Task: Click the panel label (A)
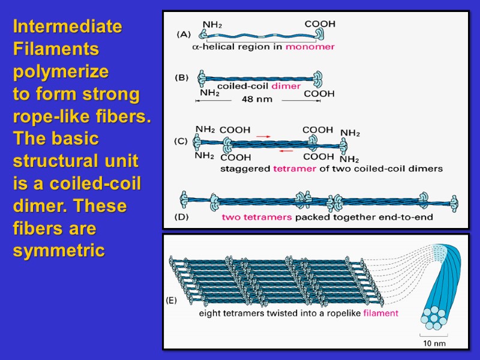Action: pyautogui.click(x=183, y=35)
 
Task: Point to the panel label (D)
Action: pyautogui.click(x=181, y=217)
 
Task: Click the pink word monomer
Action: pyautogui.click(x=310, y=46)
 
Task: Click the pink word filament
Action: pyautogui.click(x=381, y=313)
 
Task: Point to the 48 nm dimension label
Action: pyautogui.click(x=256, y=99)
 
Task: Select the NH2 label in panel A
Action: pyautogui.click(x=212, y=25)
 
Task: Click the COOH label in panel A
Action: pyautogui.click(x=320, y=24)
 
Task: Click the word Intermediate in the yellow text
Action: pyautogui.click(x=67, y=27)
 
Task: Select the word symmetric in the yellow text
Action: pyautogui.click(x=59, y=251)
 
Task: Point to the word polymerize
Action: pyautogui.click(x=61, y=72)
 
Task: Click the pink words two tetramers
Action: pyautogui.click(x=257, y=217)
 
